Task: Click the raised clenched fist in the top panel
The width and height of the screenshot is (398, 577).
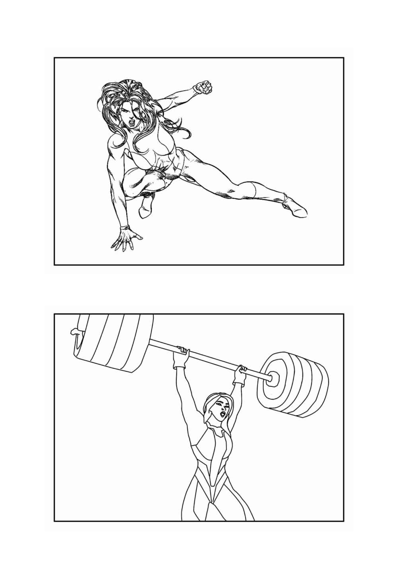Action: (203, 87)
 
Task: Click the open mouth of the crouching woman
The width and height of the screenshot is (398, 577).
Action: (132, 123)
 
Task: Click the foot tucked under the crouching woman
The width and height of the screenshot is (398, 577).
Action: (146, 205)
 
